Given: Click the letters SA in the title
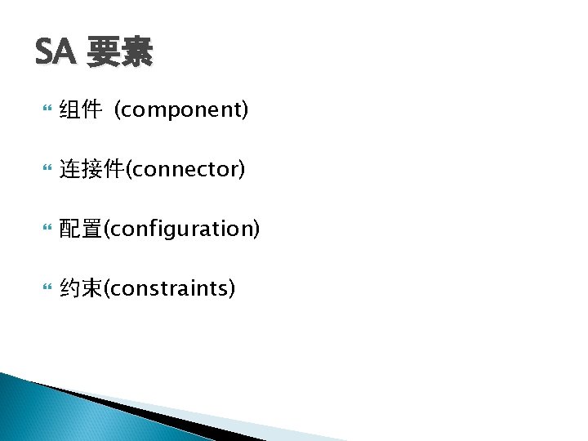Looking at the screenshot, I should click(x=53, y=53).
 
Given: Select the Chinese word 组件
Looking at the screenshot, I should click(x=80, y=110).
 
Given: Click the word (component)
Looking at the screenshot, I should click(x=181, y=110).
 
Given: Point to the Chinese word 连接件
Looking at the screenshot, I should click(x=91, y=169).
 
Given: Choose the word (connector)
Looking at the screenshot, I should click(x=185, y=169).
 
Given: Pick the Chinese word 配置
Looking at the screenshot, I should click(x=80, y=229).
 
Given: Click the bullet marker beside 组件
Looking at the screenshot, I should click(x=46, y=110).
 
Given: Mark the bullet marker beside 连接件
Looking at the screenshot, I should click(x=46, y=169).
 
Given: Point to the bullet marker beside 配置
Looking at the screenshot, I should click(x=46, y=229).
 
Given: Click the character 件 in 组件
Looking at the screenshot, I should click(x=91, y=110).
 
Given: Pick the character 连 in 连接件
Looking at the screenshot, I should click(x=69, y=169).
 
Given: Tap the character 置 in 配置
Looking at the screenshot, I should click(x=91, y=229).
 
